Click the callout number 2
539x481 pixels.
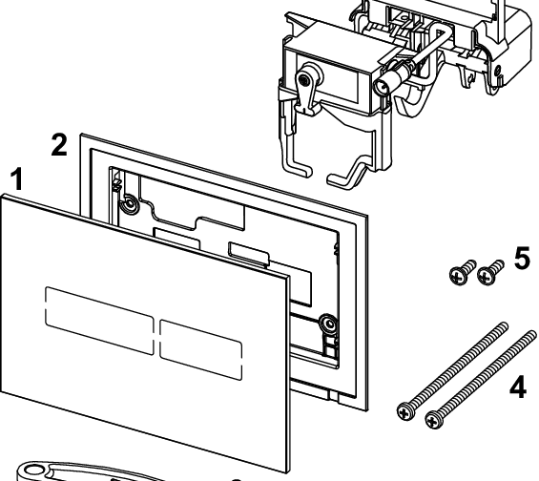coord(58,144)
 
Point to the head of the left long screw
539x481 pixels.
coord(406,410)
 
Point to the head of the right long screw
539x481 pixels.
coord(434,417)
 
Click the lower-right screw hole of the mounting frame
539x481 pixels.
coord(327,323)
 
